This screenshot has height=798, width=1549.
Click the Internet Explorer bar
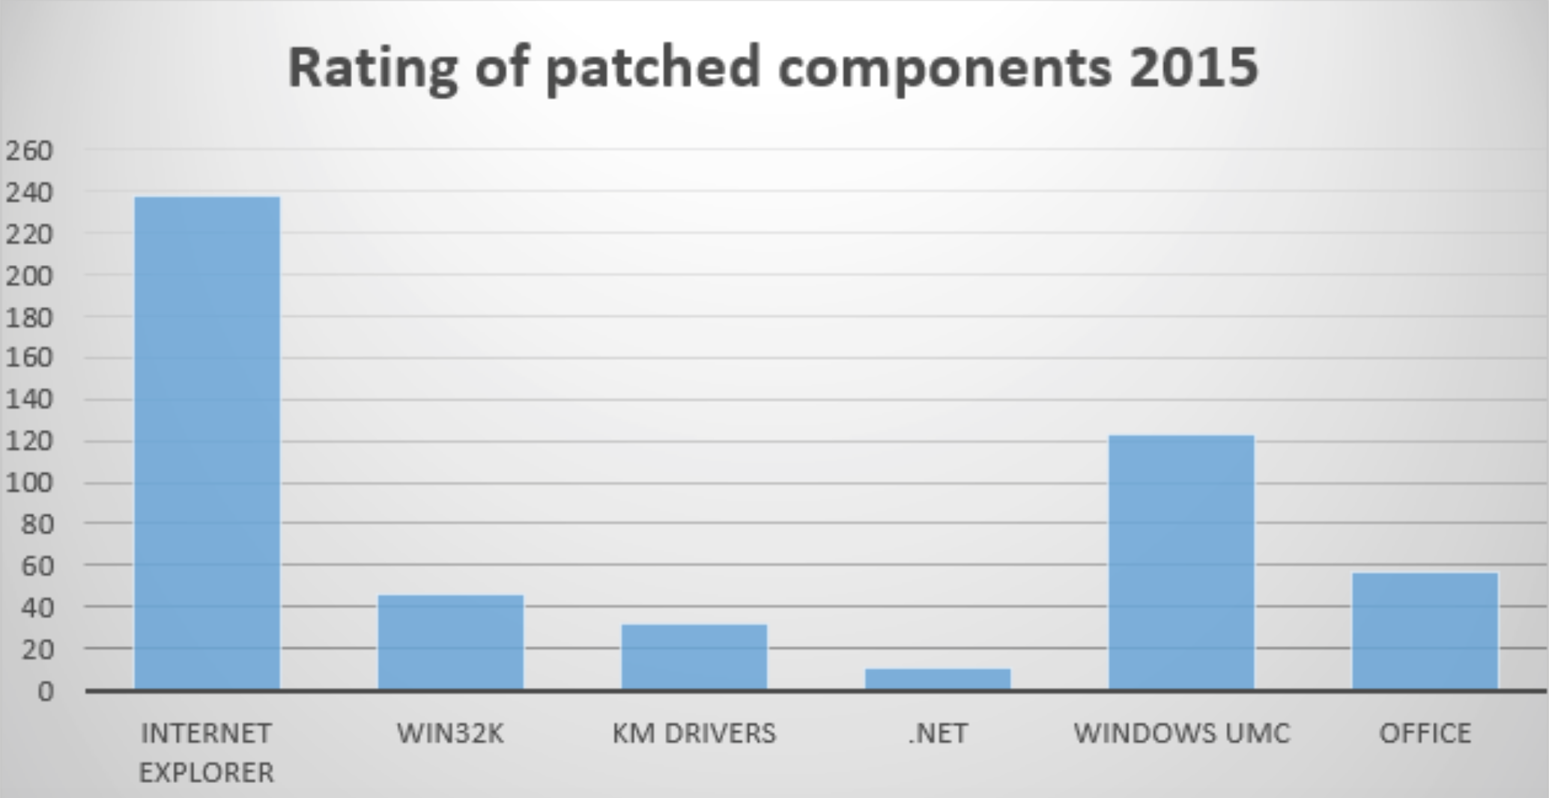207,442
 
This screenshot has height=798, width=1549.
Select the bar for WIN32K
450,642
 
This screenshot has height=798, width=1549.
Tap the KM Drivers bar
694,656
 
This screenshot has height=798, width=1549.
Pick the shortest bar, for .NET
937,678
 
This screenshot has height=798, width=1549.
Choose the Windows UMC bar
1180,561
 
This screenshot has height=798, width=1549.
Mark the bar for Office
1425,630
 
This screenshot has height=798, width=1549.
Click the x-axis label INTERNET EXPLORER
207,752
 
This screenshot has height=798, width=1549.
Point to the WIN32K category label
450,733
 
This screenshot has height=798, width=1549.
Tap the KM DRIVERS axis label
694,733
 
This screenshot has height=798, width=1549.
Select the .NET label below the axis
937,733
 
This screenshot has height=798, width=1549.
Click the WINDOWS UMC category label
1181,733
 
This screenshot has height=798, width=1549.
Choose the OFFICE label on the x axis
1425,733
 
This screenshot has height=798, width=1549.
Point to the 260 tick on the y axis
30,150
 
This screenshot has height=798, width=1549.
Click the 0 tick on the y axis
45,690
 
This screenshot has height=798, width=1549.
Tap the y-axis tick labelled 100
30,483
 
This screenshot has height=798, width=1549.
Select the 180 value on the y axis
30,317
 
